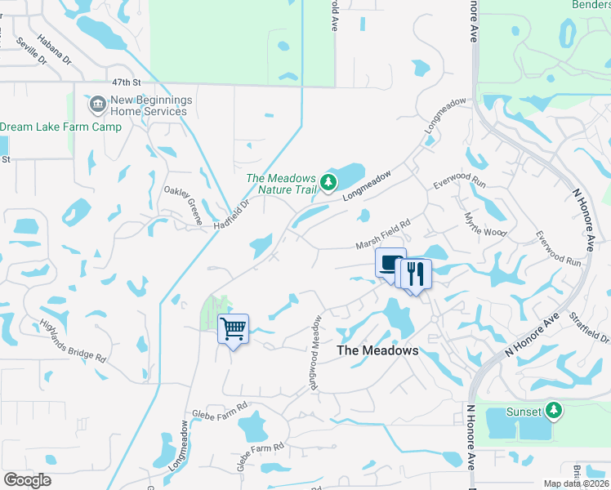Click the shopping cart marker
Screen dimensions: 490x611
(234, 329)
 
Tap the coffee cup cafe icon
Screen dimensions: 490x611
(390, 264)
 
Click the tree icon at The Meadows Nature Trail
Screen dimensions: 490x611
(328, 181)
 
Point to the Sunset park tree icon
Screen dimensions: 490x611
(555, 410)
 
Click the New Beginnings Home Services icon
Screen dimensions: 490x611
(98, 104)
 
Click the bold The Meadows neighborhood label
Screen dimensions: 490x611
(378, 350)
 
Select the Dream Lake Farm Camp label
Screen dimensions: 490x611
(60, 127)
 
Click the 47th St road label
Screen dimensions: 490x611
(127, 82)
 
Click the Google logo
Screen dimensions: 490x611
(27, 480)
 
